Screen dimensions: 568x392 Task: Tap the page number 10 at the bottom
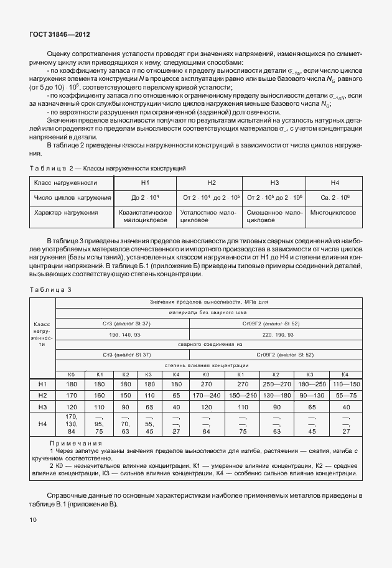coord(33,519)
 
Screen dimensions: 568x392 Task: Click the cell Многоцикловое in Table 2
coord(334,213)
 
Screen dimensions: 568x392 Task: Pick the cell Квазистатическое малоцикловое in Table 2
coord(145,216)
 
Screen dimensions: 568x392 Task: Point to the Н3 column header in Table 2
coord(274,182)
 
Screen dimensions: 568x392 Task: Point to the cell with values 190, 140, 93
coord(125,334)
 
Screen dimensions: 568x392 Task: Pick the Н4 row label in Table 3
coord(43,424)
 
